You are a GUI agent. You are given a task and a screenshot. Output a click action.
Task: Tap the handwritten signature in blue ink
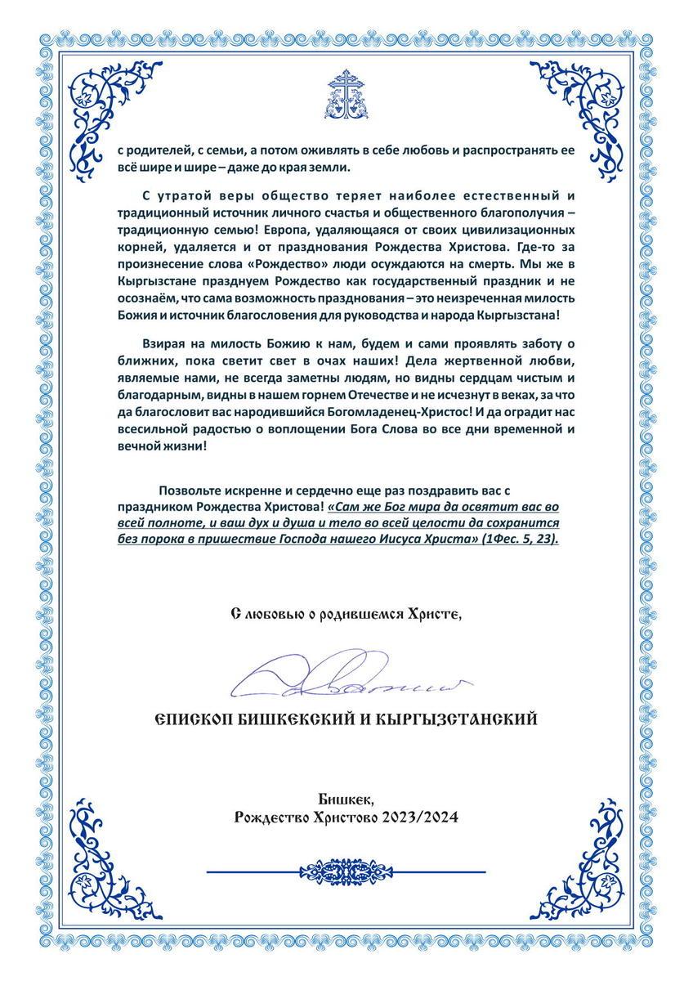coord(346,679)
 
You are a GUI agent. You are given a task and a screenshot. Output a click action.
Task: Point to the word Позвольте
coord(194,490)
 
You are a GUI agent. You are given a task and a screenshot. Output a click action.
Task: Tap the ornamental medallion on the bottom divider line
coord(346,866)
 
